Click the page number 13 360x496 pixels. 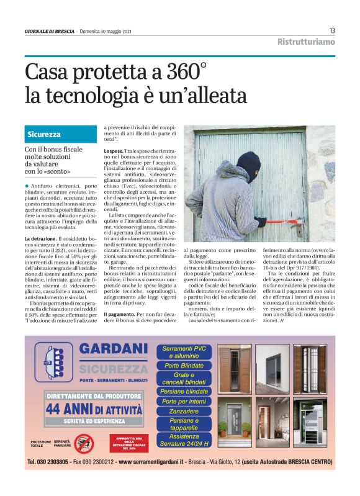click(x=332, y=30)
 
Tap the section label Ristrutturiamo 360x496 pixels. click(x=306, y=42)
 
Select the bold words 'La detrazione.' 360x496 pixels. click(x=40, y=238)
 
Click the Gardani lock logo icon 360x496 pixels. click(x=52, y=363)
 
